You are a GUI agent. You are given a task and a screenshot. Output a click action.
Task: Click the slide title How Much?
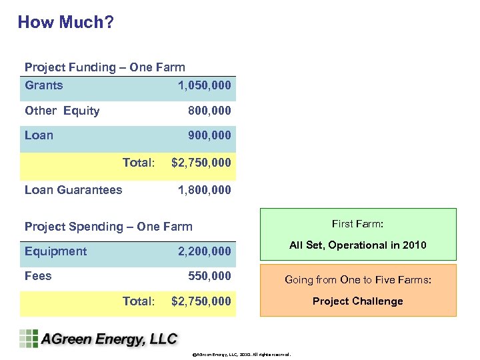(x=65, y=22)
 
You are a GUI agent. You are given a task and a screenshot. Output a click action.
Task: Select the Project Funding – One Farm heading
(x=105, y=67)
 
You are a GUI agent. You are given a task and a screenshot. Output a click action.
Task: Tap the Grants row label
(x=44, y=85)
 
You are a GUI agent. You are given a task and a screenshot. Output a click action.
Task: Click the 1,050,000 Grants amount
(x=204, y=85)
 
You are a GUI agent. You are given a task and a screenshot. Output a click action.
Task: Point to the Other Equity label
(x=62, y=111)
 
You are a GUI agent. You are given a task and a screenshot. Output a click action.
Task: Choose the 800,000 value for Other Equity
(x=209, y=111)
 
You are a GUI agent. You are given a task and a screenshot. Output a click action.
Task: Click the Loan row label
(x=39, y=135)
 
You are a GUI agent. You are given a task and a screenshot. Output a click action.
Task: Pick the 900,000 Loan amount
(x=209, y=135)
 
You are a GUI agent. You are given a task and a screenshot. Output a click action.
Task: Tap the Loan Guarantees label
(x=73, y=190)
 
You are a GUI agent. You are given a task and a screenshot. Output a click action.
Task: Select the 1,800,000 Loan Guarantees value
(x=204, y=190)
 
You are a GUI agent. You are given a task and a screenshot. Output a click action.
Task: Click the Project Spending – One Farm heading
(x=108, y=227)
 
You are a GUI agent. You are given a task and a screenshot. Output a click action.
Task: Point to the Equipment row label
(x=55, y=251)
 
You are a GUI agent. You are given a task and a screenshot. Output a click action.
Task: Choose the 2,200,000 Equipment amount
(x=204, y=251)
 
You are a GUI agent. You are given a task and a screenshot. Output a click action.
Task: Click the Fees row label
(x=38, y=276)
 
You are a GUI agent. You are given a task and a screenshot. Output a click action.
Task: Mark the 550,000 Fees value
(x=209, y=276)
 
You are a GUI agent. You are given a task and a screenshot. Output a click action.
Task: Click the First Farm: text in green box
(x=358, y=224)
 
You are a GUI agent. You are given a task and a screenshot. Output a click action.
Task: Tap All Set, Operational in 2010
(x=358, y=245)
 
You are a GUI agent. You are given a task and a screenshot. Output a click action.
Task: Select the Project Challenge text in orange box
(x=358, y=301)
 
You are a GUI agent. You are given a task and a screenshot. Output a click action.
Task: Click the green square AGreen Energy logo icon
(x=29, y=339)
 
